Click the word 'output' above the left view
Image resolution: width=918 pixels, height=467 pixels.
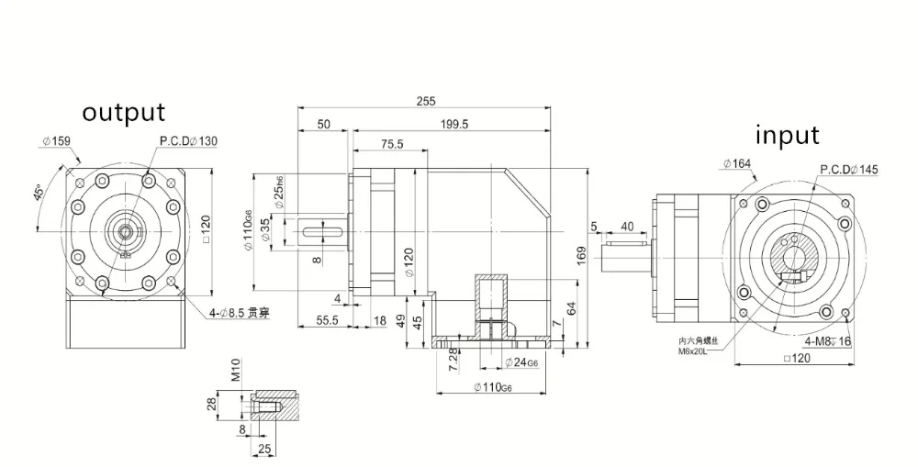click(x=124, y=113)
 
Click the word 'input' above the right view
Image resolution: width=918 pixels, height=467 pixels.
click(x=787, y=135)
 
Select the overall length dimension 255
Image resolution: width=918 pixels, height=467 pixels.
click(x=425, y=101)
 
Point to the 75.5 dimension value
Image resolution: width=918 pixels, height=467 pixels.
click(x=392, y=144)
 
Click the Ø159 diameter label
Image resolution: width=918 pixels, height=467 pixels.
click(x=56, y=141)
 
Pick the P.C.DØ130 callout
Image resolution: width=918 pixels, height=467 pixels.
click(x=188, y=141)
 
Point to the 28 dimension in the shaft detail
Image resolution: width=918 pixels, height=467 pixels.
click(x=210, y=405)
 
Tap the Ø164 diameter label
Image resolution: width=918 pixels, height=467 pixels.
click(x=736, y=163)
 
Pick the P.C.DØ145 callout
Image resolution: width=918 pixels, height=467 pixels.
click(x=848, y=169)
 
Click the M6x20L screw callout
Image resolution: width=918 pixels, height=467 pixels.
click(x=696, y=349)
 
